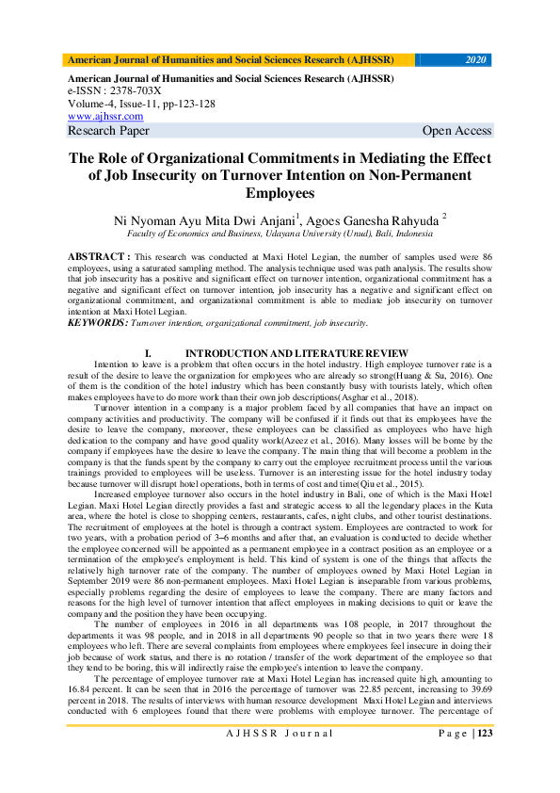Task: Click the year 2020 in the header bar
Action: pyautogui.click(x=476, y=59)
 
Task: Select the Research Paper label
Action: pyautogui.click(x=108, y=131)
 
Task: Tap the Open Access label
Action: pyautogui.click(x=456, y=131)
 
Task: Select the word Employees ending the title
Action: pyautogui.click(x=280, y=193)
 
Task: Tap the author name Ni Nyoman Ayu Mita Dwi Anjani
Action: pyautogui.click(x=203, y=219)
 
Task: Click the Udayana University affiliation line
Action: pyautogui.click(x=280, y=233)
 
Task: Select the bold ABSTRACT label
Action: pyautogui.click(x=99, y=256)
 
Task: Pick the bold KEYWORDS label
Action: pyautogui.click(x=97, y=323)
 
